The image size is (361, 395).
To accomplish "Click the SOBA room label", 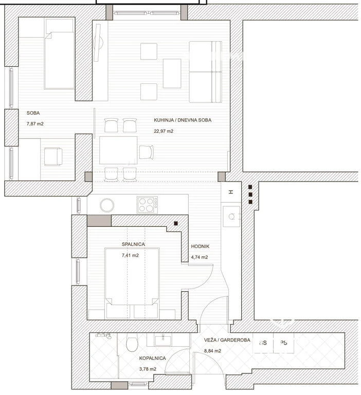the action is pos(33,113).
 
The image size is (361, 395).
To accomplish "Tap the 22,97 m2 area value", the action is pos(164,131).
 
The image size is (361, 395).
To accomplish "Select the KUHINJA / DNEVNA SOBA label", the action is pos(183,120).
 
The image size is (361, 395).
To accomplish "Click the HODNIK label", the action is pos(200,246).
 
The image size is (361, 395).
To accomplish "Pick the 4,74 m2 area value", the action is pos(199,257).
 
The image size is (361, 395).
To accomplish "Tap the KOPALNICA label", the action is pos(152,358).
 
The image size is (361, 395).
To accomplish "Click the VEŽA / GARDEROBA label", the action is pos(227,340).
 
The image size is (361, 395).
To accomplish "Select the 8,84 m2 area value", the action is pos(212,351).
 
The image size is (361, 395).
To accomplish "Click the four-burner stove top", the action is pos(148,205).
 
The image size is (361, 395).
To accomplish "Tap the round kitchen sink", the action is pos(107,205).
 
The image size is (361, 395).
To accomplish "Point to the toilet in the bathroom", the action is pos(132,342).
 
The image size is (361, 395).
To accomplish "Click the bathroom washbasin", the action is pos(163,340).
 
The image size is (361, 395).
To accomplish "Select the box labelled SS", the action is pos(263,343).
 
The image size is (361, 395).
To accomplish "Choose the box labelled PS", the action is pos(284,343).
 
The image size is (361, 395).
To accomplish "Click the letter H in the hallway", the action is pos(231,192).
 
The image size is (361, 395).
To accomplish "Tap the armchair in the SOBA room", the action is pos(53,157).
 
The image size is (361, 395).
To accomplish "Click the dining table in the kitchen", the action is pos(118,150).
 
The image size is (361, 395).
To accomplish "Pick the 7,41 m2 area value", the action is pos(130,255).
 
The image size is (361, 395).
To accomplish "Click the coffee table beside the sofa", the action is pos(172,74).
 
